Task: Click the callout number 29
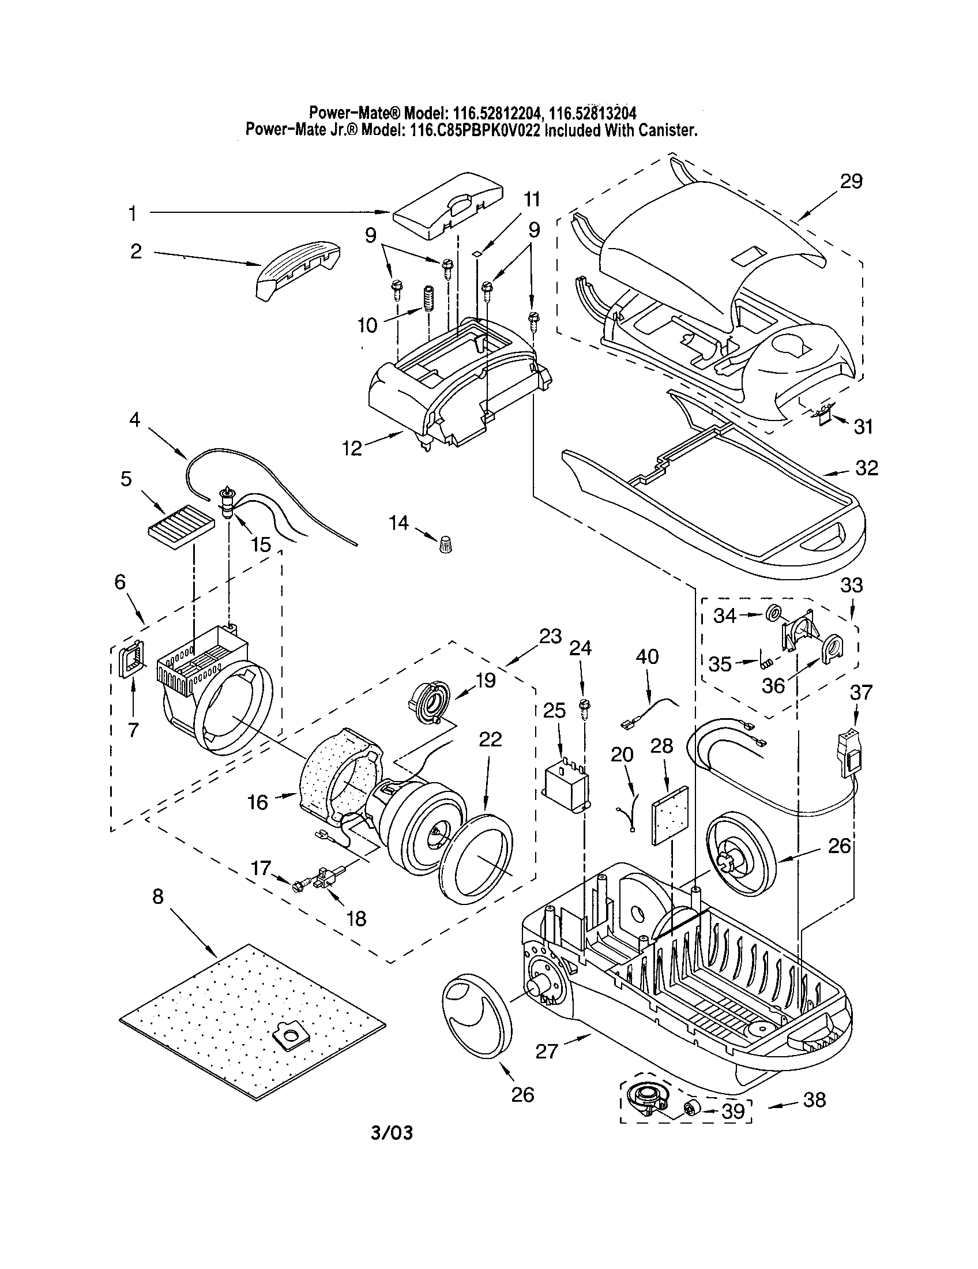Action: coord(851,181)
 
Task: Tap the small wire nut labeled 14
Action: coord(445,545)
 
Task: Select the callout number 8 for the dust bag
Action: coord(158,896)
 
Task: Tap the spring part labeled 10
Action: coord(428,299)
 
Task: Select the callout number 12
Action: coord(352,448)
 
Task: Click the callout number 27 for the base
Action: coord(547,1050)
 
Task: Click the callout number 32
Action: coord(867,468)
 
